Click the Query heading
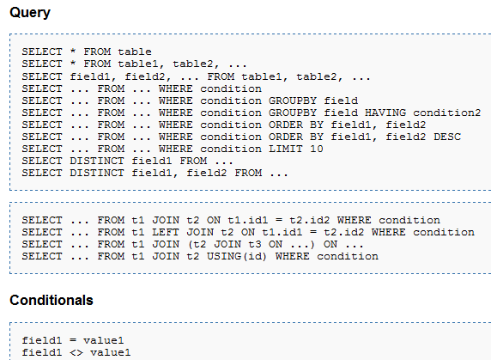(30, 13)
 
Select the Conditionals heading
(52, 300)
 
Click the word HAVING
(385, 113)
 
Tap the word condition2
(447, 113)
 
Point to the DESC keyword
(447, 137)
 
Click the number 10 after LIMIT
(317, 149)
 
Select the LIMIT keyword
(286, 149)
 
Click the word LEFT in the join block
(166, 232)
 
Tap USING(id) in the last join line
(237, 256)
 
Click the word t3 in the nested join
(255, 244)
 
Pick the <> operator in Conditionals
(76, 353)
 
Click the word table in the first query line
(135, 52)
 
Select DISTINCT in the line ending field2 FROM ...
(97, 173)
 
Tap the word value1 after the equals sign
(104, 340)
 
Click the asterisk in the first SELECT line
(73, 51)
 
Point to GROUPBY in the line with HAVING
(293, 113)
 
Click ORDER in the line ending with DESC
(286, 137)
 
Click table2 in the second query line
(193, 64)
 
